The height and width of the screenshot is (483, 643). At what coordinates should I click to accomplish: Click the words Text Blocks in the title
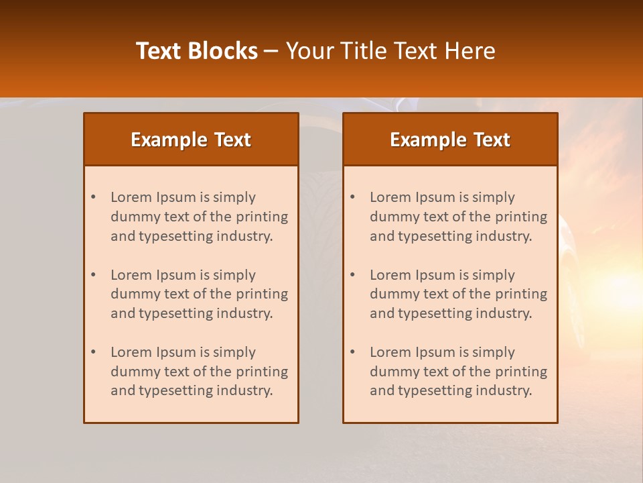coord(197,51)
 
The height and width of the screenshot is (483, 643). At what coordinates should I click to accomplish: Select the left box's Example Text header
coord(191,140)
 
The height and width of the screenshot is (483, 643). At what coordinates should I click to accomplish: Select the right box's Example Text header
coord(450,140)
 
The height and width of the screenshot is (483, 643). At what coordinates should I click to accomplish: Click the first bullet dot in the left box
coord(93,197)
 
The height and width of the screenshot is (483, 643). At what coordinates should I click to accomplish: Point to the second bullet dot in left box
coord(93,275)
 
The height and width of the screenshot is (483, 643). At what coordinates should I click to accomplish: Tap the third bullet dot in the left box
coord(93,352)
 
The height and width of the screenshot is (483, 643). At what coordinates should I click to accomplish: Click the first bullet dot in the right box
coord(352,197)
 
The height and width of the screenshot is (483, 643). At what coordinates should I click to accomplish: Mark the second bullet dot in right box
coord(352,275)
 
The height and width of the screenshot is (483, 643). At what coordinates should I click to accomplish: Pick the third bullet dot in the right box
coord(352,352)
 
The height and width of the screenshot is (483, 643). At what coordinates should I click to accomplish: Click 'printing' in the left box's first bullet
coord(264,217)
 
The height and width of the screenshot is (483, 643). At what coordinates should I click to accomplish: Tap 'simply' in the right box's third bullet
coord(494,352)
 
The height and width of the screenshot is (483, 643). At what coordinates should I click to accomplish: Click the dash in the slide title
coord(272,51)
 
